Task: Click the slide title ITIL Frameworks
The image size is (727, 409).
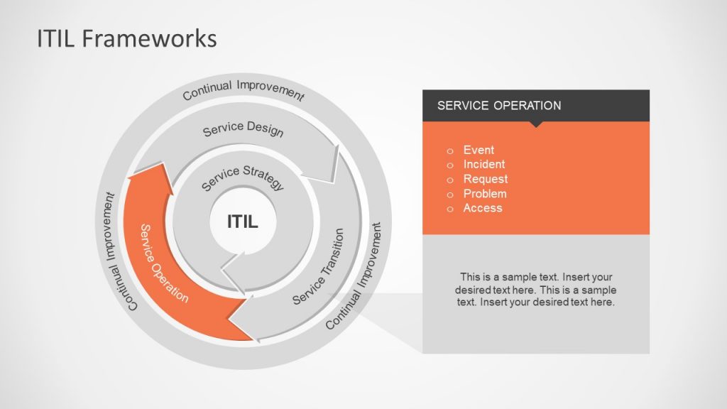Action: [x=126, y=38]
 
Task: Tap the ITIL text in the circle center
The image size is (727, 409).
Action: [x=242, y=222]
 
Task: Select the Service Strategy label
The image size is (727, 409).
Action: [x=243, y=178]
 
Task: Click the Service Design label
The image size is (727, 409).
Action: [x=243, y=130]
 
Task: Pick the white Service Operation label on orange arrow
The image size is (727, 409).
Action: [x=164, y=263]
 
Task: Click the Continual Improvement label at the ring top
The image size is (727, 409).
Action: [x=243, y=90]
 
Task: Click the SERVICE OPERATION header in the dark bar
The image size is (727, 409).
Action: [x=499, y=106]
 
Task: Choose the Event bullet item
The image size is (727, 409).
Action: [x=479, y=150]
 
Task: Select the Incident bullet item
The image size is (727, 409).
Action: [x=483, y=164]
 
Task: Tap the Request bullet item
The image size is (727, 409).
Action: [x=485, y=179]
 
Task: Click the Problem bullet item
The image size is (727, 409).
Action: [x=485, y=193]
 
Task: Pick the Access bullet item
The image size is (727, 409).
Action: [x=482, y=208]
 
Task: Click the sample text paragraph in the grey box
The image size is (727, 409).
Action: [x=535, y=289]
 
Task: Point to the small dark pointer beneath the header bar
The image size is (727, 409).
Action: [x=536, y=124]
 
